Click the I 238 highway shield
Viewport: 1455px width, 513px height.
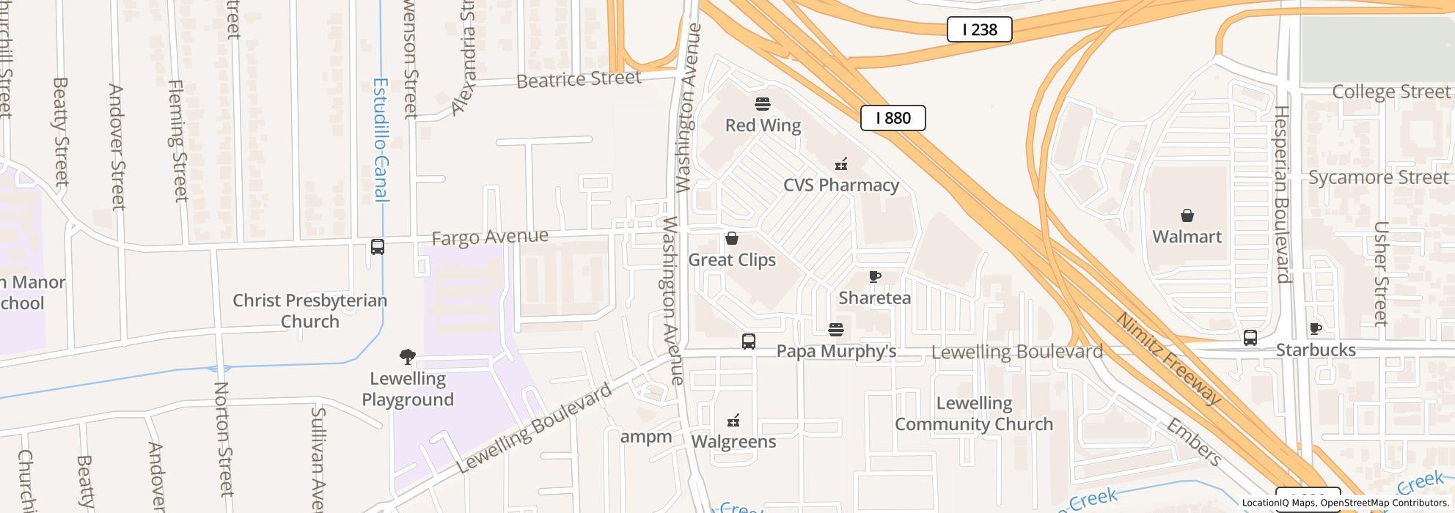[x=979, y=29]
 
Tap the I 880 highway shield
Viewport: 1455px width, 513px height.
[x=893, y=118]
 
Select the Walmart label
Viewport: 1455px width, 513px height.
[x=1187, y=237]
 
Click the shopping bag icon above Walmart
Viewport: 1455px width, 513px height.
[x=1187, y=215]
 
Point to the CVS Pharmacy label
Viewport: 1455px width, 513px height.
[x=840, y=185]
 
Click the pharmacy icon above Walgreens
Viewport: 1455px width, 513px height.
[x=733, y=421]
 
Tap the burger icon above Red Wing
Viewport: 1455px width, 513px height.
[x=763, y=103]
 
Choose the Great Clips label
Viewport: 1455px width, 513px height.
[x=731, y=259]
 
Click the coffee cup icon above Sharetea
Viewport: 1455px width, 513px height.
[x=874, y=277]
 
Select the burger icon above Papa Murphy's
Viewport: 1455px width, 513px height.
[x=836, y=330]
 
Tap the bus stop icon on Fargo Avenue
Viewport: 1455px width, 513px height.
[x=378, y=247]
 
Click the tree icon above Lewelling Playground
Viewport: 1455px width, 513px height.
[x=408, y=357]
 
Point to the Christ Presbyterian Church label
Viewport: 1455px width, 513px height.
[x=309, y=311]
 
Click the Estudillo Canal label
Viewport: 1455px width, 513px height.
[x=381, y=139]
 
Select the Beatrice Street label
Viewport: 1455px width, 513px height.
[x=579, y=79]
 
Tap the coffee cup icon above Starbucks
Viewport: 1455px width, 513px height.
[x=1315, y=329]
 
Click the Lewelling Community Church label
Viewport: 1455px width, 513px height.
[x=974, y=413]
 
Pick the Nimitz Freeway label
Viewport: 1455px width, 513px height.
[x=1168, y=358]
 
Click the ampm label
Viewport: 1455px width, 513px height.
[x=645, y=437]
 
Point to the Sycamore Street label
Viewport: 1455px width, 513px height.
[x=1379, y=177]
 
